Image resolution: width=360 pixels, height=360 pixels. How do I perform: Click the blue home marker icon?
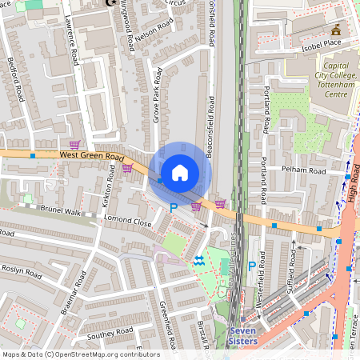(180, 172)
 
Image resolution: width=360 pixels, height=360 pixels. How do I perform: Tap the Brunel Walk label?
(62, 213)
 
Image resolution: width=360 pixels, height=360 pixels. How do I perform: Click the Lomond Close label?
(127, 222)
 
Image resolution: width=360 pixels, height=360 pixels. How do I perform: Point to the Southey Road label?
(110, 331)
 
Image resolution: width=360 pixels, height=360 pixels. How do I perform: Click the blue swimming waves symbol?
(198, 260)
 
